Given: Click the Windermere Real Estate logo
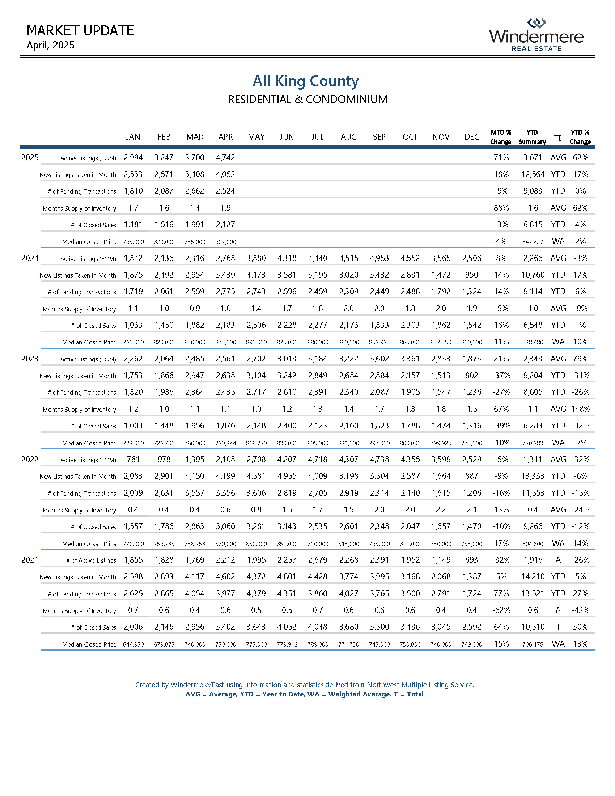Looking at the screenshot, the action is pos(536,35).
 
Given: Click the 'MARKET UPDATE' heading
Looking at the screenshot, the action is pos(81,31).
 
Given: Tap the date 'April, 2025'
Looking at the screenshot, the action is pos(51,45).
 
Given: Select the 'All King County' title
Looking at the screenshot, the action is pos(306,81).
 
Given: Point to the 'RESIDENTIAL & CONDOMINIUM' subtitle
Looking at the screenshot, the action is pos(307,99).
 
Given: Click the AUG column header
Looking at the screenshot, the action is pos(349,137).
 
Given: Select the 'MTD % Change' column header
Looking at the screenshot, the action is pos(501,137).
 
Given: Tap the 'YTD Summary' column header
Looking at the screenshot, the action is pos(532,137).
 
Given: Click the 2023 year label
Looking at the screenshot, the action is pos(30,359).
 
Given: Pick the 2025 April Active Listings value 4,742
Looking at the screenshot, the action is pos(225,158).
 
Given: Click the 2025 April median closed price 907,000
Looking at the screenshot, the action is pos(226,242).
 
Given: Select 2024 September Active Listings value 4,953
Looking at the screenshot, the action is pos(379,258).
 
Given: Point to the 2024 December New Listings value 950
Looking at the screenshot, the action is pos(471,275).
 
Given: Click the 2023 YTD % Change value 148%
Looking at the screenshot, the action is pos(580,409).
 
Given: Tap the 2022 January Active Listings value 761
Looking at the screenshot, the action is pos(133,460).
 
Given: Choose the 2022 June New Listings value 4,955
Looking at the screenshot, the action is pos(287,477).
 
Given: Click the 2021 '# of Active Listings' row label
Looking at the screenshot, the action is pos(91,560).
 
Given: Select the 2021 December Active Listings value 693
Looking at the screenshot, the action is pos(471,560).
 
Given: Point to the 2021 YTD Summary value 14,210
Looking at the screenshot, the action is pos(533,577).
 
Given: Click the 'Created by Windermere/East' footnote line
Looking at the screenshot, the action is pos(305,685).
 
